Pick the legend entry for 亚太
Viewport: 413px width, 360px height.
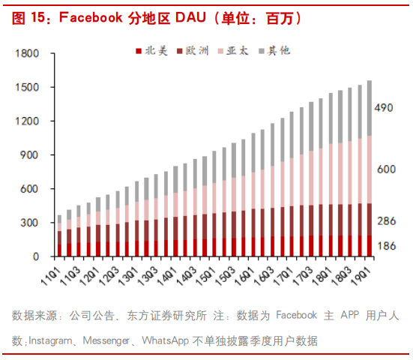point(233,51)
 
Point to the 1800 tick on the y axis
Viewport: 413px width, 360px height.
point(27,53)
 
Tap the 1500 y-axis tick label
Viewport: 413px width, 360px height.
point(27,87)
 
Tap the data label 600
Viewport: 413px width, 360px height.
point(386,169)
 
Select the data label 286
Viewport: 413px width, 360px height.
point(386,220)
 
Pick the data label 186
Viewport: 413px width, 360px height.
point(386,246)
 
